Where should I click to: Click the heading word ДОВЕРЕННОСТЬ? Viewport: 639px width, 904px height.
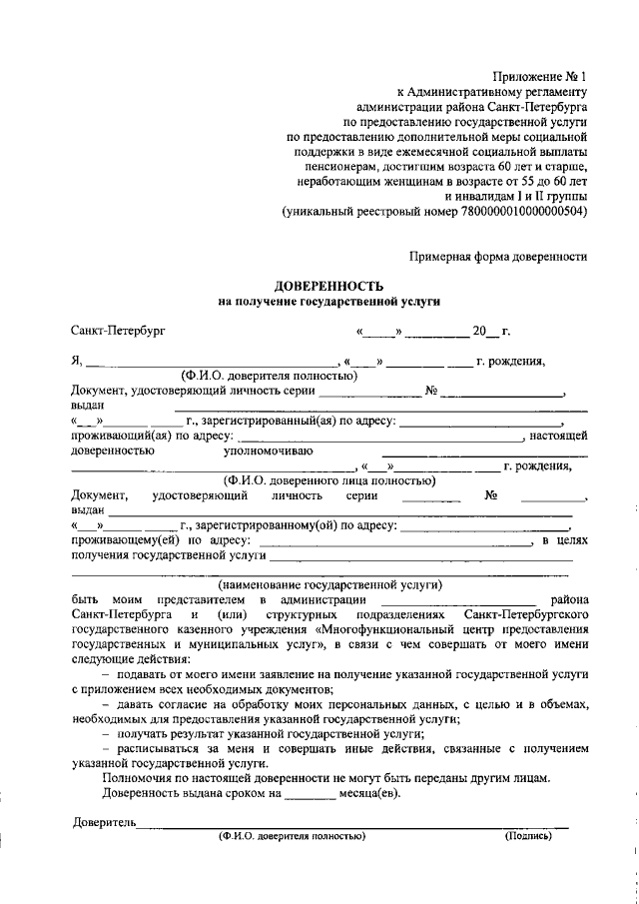[328, 285]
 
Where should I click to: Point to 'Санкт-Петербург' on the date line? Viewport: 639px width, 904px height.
[118, 329]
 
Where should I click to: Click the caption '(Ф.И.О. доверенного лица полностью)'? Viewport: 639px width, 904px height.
[328, 480]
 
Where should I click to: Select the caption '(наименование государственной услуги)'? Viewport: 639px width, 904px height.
[329, 584]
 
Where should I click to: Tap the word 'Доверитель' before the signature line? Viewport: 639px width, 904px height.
[104, 822]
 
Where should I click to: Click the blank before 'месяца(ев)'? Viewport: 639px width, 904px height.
[310, 796]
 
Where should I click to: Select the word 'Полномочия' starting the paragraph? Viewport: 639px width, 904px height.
[138, 777]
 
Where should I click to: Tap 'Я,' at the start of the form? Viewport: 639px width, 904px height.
[77, 361]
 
